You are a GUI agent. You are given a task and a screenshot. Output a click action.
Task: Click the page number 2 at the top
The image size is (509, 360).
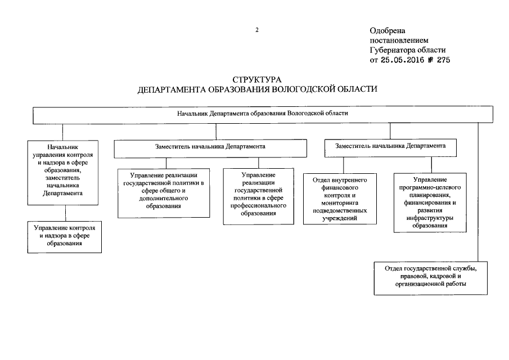256,30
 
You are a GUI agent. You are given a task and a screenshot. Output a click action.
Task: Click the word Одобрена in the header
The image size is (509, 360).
388,31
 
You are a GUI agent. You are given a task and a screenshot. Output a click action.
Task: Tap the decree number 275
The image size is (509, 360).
442,60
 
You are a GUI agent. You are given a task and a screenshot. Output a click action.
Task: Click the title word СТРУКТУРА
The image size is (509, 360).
256,80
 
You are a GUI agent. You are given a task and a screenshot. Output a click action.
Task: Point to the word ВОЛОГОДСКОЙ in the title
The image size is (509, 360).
303,89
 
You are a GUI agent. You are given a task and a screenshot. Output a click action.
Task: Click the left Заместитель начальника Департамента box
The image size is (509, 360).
211,147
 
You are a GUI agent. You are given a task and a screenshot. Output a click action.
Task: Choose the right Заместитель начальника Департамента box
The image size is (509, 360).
390,147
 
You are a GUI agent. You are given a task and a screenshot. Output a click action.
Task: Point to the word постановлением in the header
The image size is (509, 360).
399,40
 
